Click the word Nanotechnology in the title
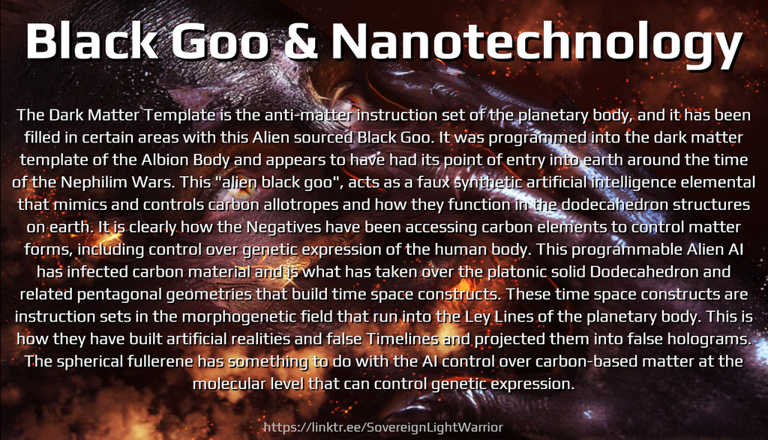537,43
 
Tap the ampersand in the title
300,41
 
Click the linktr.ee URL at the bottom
383,427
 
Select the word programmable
621,250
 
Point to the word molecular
225,384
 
